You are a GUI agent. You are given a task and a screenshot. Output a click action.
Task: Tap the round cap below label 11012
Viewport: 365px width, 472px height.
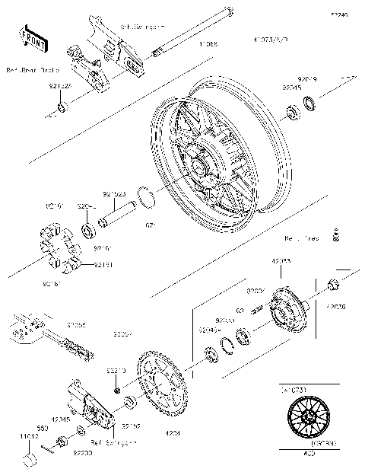coord(30,459)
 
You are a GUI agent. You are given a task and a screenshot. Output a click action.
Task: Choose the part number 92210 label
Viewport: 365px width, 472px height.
coord(115,369)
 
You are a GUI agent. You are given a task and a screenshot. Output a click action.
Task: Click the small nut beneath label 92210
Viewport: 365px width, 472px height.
coord(116,389)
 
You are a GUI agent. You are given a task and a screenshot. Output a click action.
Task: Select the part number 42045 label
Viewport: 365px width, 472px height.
coord(61,419)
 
